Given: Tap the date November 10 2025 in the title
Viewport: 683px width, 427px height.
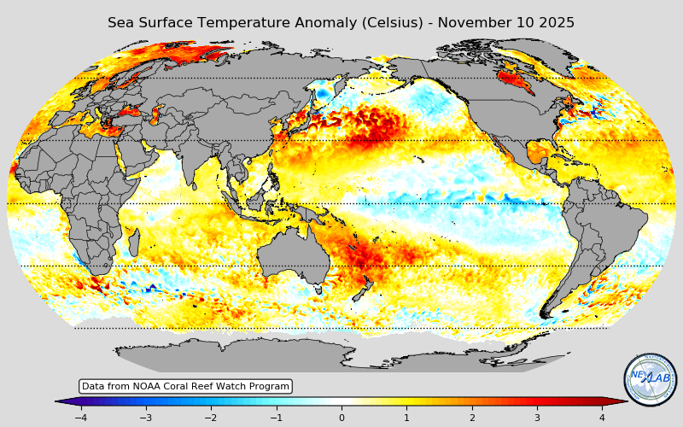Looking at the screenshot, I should (506, 23).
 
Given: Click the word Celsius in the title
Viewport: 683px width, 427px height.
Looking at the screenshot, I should (385, 23).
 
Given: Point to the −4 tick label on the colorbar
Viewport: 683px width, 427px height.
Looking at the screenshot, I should (80, 418).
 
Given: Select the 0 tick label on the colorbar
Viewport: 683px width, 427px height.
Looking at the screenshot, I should (341, 418).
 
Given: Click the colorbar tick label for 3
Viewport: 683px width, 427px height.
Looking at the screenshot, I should (537, 418).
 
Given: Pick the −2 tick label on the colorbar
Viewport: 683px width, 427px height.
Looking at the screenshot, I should (210, 418).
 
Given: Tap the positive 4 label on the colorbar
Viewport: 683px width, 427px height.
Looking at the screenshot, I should (602, 418).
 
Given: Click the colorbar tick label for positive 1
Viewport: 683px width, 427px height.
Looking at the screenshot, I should (406, 418).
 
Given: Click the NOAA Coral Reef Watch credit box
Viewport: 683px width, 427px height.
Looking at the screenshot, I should (185, 386).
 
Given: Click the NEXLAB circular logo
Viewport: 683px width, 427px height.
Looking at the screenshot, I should (651, 379).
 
